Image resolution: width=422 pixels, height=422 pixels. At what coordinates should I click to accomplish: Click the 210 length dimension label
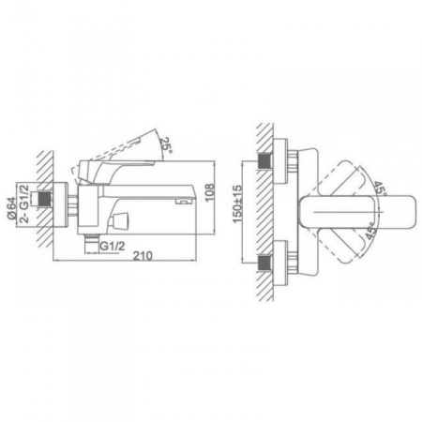point(143,255)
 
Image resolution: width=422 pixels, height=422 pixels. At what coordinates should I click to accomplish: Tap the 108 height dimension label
point(210,193)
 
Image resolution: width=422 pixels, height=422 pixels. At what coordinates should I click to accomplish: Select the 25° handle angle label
point(166,144)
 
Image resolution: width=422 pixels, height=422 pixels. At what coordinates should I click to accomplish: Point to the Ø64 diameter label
point(11,208)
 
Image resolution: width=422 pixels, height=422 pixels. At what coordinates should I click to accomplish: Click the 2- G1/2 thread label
point(24,203)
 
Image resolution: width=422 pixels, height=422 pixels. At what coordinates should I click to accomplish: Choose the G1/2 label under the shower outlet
point(112,246)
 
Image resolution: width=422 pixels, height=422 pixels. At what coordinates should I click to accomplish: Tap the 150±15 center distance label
point(237,203)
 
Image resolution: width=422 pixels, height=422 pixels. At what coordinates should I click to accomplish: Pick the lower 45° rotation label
point(372,231)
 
